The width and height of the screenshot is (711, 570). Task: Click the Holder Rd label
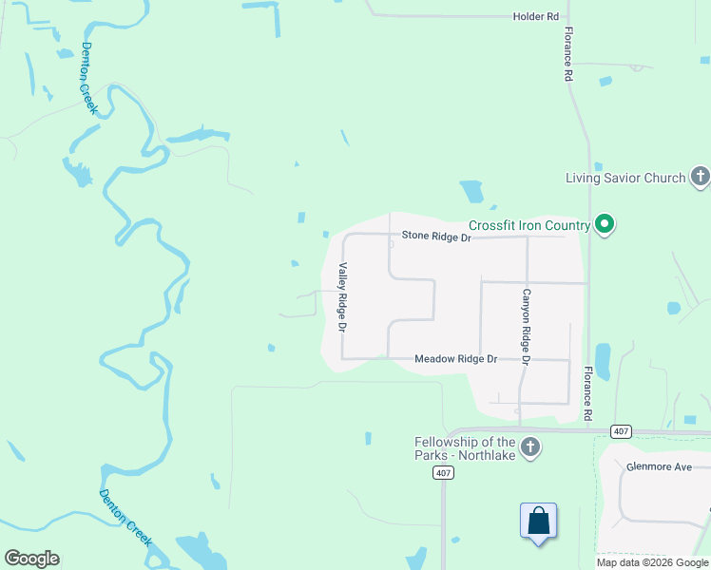(535, 17)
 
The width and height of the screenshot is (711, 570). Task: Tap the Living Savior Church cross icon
(700, 177)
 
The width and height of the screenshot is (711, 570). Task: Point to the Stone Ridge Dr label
(436, 237)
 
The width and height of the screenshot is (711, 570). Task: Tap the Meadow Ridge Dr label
(456, 359)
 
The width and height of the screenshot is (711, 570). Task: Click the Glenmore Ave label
(658, 467)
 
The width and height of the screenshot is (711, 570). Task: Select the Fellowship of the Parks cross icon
(530, 446)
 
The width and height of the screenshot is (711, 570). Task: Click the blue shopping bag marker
(538, 522)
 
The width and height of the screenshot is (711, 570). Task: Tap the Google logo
(31, 558)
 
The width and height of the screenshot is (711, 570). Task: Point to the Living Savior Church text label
(625, 178)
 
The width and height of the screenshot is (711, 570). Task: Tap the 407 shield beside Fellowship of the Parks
(442, 472)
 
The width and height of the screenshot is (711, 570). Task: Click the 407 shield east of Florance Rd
(621, 431)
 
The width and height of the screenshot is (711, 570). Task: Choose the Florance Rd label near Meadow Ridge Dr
(588, 393)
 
